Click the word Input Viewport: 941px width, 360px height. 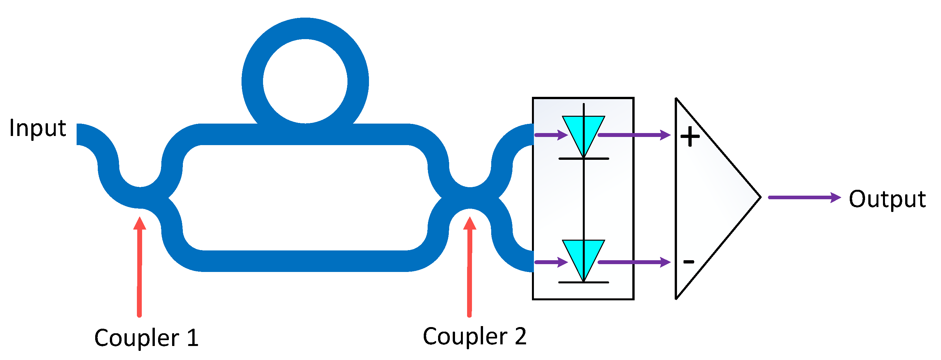coord(37,129)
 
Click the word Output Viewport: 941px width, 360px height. coord(887,200)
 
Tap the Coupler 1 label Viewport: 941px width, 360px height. coord(146,338)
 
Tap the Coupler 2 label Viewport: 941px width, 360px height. coord(474,336)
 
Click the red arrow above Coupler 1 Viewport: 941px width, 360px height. coord(139,267)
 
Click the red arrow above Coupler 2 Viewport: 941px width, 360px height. coord(469,267)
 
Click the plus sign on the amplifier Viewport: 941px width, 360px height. coord(690,137)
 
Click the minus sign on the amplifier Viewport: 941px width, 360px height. coord(689,262)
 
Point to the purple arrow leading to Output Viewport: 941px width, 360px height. coord(804,197)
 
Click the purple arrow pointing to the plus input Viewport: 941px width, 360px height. coord(634,135)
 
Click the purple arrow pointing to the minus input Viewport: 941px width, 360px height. coord(634,262)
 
